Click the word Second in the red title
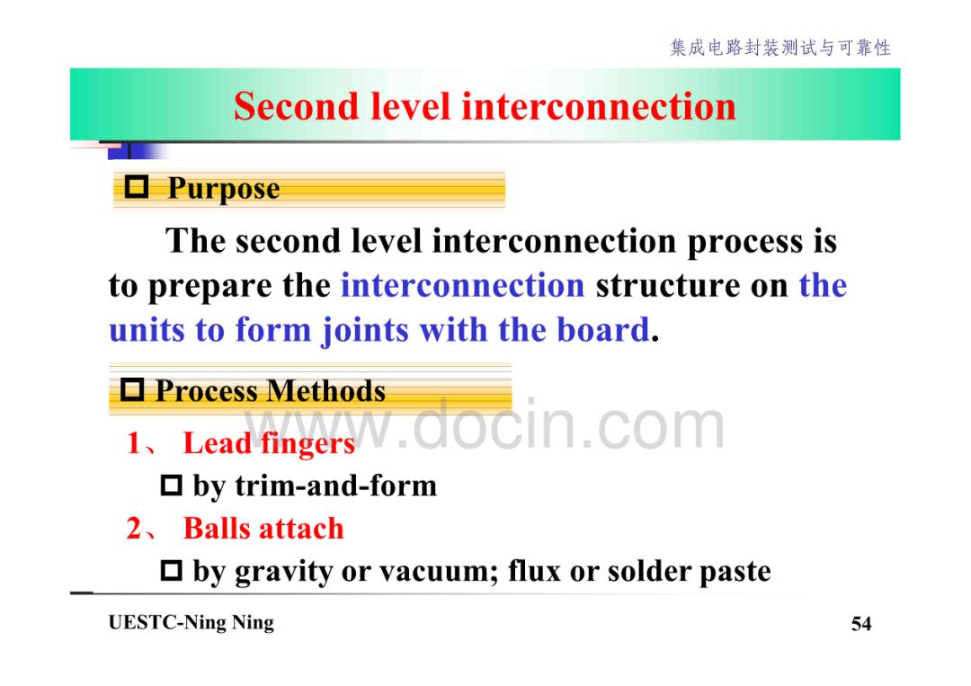(296, 106)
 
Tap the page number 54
(861, 623)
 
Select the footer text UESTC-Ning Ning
(191, 622)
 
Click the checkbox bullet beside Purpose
(137, 186)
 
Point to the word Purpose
(224, 188)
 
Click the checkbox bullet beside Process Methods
(132, 389)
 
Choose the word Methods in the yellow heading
(327, 391)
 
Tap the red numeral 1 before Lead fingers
(134, 442)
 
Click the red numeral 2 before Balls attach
(134, 528)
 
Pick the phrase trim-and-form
(336, 486)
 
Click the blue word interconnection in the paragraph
(463, 285)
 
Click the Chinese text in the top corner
(780, 48)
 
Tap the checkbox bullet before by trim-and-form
(172, 486)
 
